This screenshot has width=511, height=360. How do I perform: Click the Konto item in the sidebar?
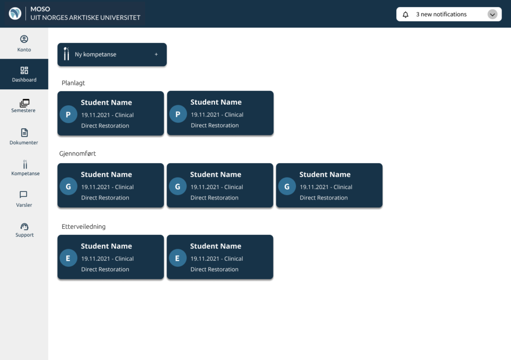coord(24,43)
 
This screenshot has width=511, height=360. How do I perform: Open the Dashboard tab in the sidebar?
coord(24,74)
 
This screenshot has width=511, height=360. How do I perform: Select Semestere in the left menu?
coord(24,106)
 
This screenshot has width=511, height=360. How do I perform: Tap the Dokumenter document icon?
coord(24,133)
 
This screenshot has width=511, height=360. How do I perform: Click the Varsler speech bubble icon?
coord(23,194)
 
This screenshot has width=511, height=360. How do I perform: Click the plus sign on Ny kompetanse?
coord(156,54)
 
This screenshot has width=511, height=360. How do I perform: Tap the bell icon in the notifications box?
coord(405,14)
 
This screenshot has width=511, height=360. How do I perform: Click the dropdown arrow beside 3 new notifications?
coord(493,14)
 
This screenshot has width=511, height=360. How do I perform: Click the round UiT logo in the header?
coord(15,13)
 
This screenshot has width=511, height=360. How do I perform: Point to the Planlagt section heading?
coord(73,83)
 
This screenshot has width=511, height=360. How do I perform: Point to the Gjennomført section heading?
coord(77,154)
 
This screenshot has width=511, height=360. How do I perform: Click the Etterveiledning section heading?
coord(83,226)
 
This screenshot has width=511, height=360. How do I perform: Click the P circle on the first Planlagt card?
coord(68,115)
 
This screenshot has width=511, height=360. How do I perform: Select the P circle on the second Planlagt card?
coord(178,114)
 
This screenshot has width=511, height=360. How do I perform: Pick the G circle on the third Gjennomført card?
coord(287,186)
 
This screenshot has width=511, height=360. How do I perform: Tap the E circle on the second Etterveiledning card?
coord(178,258)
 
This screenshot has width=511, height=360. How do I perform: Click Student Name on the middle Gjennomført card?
coord(216,175)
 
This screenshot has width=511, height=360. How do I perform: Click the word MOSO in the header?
coord(40,9)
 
